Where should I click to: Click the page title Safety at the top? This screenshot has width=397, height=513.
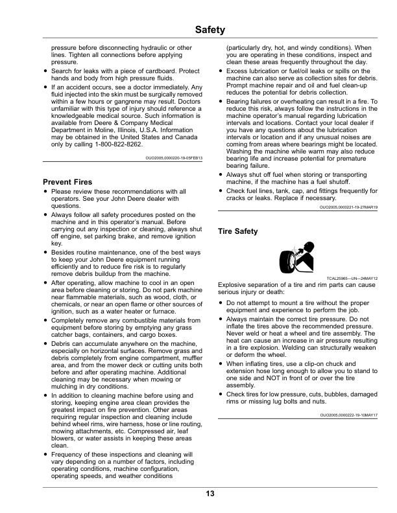[209, 30]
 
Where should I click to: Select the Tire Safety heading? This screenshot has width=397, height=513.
[238, 231]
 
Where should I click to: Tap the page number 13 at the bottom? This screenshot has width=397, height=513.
[210, 494]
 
